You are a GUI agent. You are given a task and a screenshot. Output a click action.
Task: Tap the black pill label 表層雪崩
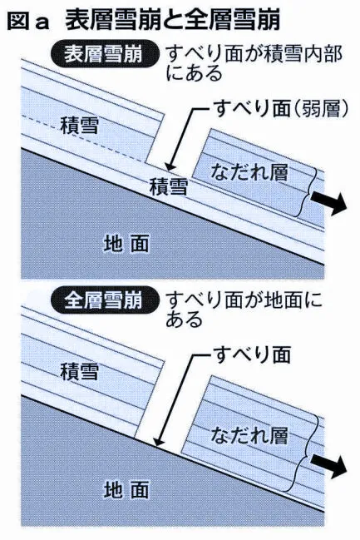point(104,55)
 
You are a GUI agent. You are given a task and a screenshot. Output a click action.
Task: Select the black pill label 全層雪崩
point(104,300)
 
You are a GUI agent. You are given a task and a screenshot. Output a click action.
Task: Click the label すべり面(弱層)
point(281,109)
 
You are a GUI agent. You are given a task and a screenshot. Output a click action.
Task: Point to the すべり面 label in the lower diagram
point(252,354)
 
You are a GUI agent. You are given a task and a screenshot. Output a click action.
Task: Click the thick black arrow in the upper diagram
point(328,202)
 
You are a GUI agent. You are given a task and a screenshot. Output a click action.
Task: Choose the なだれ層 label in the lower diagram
point(249,435)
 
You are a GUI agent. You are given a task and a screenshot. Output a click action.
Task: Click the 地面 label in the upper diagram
point(126,244)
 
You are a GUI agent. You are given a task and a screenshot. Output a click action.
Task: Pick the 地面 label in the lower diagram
point(126,489)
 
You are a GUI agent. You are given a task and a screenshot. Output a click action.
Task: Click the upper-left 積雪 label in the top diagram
point(80,126)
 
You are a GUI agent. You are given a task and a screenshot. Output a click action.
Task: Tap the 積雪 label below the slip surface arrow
point(169,186)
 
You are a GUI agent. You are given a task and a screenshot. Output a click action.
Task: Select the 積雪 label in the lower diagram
point(80,372)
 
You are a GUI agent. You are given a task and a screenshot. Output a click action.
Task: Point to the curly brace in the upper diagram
point(308,191)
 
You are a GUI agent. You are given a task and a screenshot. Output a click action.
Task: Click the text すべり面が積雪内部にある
point(254,64)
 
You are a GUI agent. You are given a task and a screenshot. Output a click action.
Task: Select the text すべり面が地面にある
point(244,310)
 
